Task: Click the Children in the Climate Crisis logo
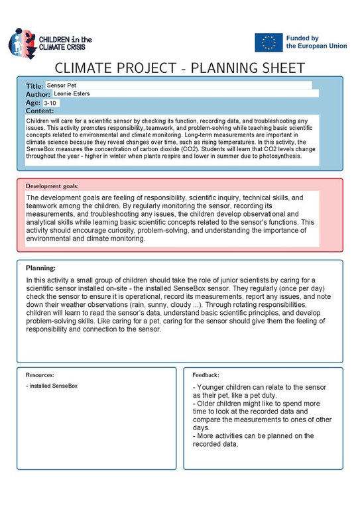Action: click(50, 43)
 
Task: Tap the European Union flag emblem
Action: click(268, 42)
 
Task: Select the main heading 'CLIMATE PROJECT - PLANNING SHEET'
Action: click(180, 68)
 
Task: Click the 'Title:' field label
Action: click(34, 86)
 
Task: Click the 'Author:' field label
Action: click(38, 95)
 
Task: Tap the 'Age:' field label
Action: click(33, 103)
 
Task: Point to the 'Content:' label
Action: click(40, 111)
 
